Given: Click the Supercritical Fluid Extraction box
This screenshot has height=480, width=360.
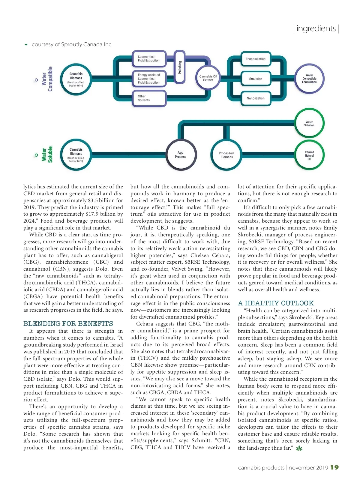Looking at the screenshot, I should [149, 58].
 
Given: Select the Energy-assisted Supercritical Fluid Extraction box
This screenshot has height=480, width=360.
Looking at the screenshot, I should [149, 79].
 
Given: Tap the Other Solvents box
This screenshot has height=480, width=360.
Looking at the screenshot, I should [149, 98].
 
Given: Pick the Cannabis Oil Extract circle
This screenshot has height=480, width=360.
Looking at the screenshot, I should [208, 78].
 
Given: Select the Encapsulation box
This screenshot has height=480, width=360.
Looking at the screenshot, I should [256, 59].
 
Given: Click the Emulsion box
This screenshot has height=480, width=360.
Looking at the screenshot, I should [256, 79].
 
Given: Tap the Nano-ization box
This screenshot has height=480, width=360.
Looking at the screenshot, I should [256, 98].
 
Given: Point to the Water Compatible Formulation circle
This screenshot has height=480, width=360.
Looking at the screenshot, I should [309, 79].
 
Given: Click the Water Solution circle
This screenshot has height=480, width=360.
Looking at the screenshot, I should [309, 124].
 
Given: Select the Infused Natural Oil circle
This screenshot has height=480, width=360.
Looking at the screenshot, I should [309, 155].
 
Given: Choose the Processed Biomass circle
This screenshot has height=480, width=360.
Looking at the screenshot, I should [226, 155].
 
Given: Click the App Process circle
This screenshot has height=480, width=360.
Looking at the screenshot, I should [181, 155].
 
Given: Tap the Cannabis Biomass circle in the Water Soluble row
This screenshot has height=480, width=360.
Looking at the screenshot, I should [76, 155].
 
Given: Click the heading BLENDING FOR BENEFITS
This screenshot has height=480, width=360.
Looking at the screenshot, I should [68, 324].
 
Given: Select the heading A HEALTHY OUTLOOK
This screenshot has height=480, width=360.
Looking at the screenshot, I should [276, 303].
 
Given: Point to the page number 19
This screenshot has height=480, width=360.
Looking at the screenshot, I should [334, 467].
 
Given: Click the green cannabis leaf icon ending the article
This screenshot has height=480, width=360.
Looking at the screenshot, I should [299, 448].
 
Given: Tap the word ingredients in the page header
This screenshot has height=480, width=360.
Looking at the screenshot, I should [316, 28].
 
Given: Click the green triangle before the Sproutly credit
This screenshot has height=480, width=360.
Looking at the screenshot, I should [26, 45].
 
